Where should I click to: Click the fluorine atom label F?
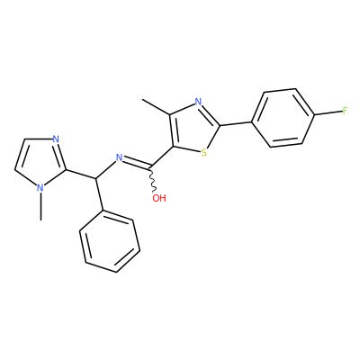[345, 112]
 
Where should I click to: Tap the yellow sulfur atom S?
[204, 153]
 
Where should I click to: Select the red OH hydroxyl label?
[159, 198]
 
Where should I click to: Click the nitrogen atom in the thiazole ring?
[198, 102]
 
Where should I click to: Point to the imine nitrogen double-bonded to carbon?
[120, 157]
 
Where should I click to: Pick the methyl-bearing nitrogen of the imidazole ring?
[40, 188]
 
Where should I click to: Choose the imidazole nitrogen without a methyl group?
[55, 139]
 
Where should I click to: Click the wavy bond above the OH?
[152, 180]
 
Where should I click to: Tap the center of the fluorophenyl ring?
[283, 118]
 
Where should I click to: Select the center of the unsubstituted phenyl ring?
[110, 241]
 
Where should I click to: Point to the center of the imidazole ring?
[40, 161]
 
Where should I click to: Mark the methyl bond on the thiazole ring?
[157, 107]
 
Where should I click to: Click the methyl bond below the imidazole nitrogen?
[40, 206]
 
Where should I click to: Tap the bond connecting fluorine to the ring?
[328, 113]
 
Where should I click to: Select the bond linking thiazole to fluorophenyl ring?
[236, 123]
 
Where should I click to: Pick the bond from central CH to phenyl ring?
[100, 194]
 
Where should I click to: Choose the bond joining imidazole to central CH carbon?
[81, 175]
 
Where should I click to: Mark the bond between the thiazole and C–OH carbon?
[162, 157]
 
